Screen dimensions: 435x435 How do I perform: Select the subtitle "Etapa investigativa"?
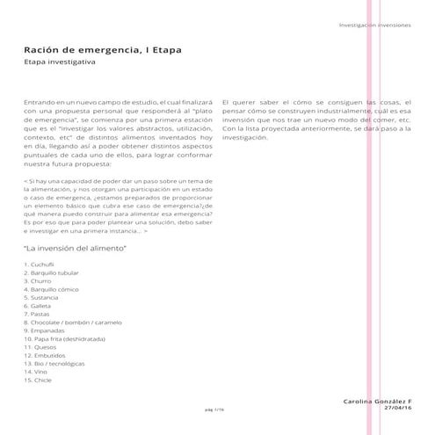pyautogui.click(x=61, y=63)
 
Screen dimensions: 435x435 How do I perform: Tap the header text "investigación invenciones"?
pyautogui.click(x=374, y=25)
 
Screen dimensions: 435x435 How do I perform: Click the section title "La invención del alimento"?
pyautogui.click(x=76, y=250)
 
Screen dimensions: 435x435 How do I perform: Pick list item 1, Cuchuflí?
pyautogui.click(x=42, y=264)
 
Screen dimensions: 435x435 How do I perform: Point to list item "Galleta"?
pyautogui.click(x=41, y=305)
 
